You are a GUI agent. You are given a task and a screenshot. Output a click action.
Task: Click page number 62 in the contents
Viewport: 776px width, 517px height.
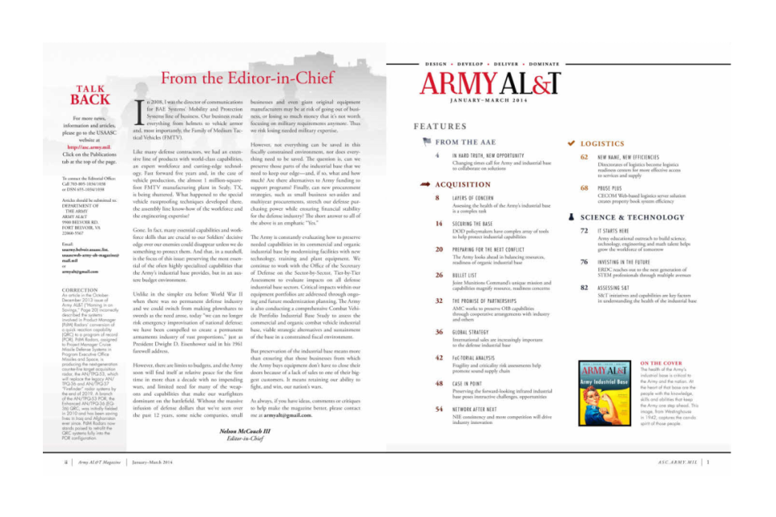(x=584, y=158)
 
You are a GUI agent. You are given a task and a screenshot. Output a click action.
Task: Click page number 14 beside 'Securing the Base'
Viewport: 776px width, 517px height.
(x=438, y=223)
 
